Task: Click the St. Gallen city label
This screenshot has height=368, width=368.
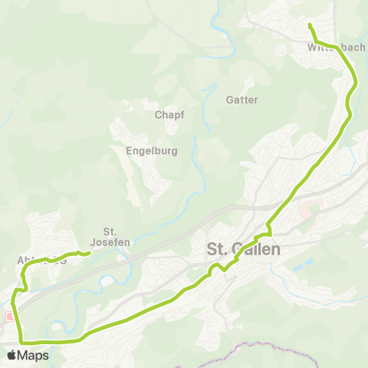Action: point(244,249)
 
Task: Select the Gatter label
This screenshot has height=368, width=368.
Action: point(242,100)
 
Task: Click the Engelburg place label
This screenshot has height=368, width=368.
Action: point(151,151)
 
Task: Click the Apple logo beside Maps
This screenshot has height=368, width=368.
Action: point(12,355)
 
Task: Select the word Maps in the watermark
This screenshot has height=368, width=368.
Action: point(34,355)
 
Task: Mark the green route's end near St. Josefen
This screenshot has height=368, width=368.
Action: point(90,253)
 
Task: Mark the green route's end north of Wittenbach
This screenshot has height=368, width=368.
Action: point(309,25)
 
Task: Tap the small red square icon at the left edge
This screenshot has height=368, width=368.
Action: point(9,316)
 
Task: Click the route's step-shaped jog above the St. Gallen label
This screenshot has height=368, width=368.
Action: point(268,230)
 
